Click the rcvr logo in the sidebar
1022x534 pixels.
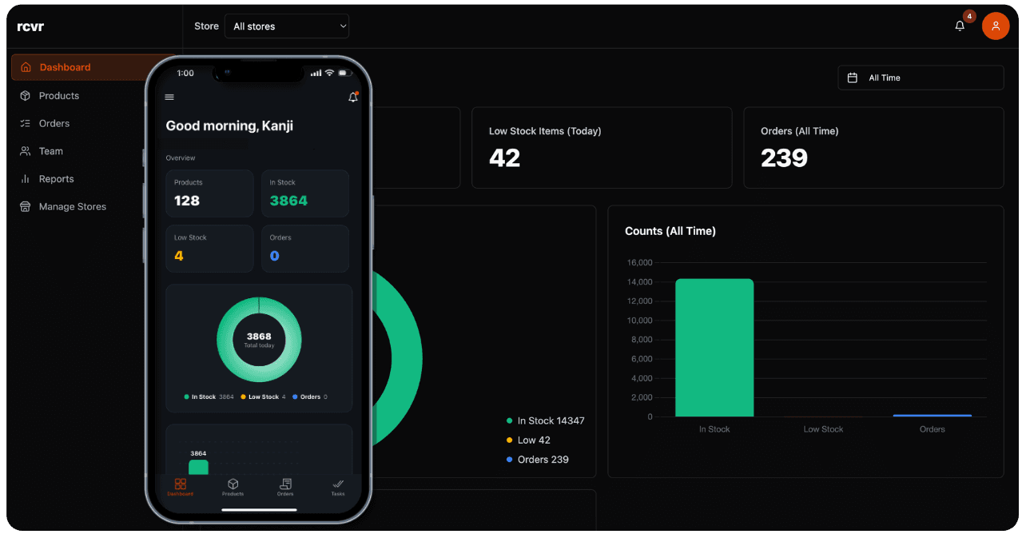point(30,26)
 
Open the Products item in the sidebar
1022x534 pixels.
point(58,96)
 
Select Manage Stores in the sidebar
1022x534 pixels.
point(72,207)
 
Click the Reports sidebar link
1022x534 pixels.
point(56,179)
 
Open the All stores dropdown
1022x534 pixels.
point(287,26)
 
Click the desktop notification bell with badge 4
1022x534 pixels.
point(960,26)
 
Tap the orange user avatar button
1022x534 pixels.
point(995,26)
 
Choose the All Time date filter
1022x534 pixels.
point(920,78)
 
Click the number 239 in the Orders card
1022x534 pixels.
point(784,158)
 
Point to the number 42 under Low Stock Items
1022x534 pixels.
point(504,158)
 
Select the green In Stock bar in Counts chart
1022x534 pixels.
point(714,348)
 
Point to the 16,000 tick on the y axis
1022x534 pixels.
point(639,263)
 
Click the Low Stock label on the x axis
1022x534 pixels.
point(823,429)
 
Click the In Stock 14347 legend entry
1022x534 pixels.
point(545,420)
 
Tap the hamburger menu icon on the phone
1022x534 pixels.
point(169,98)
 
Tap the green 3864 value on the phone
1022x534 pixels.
point(288,201)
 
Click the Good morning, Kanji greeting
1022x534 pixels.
point(229,126)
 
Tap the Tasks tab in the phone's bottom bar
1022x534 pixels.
point(338,487)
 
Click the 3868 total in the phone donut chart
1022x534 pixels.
point(259,337)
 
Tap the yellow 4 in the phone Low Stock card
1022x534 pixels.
point(179,256)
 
